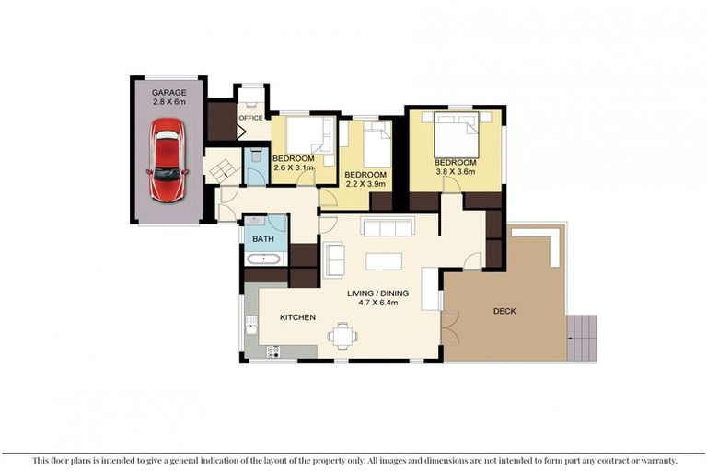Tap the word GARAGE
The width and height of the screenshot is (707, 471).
(168, 93)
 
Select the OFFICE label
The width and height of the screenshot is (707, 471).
(250, 118)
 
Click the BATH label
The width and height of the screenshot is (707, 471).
(263, 239)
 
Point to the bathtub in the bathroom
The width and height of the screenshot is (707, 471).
(265, 258)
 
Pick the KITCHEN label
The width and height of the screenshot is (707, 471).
(297, 317)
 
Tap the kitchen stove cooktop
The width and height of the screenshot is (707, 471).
(272, 350)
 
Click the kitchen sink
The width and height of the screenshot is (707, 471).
(250, 324)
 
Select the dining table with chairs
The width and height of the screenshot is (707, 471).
(344, 337)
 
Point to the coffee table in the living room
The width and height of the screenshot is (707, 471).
(383, 260)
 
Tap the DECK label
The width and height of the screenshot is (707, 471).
(504, 311)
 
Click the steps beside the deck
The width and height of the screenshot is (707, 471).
(583, 337)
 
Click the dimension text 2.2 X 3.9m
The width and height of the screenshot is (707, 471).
(365, 184)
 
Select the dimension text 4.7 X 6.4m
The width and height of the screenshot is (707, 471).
(378, 304)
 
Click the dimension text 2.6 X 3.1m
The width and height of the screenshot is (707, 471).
(294, 168)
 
